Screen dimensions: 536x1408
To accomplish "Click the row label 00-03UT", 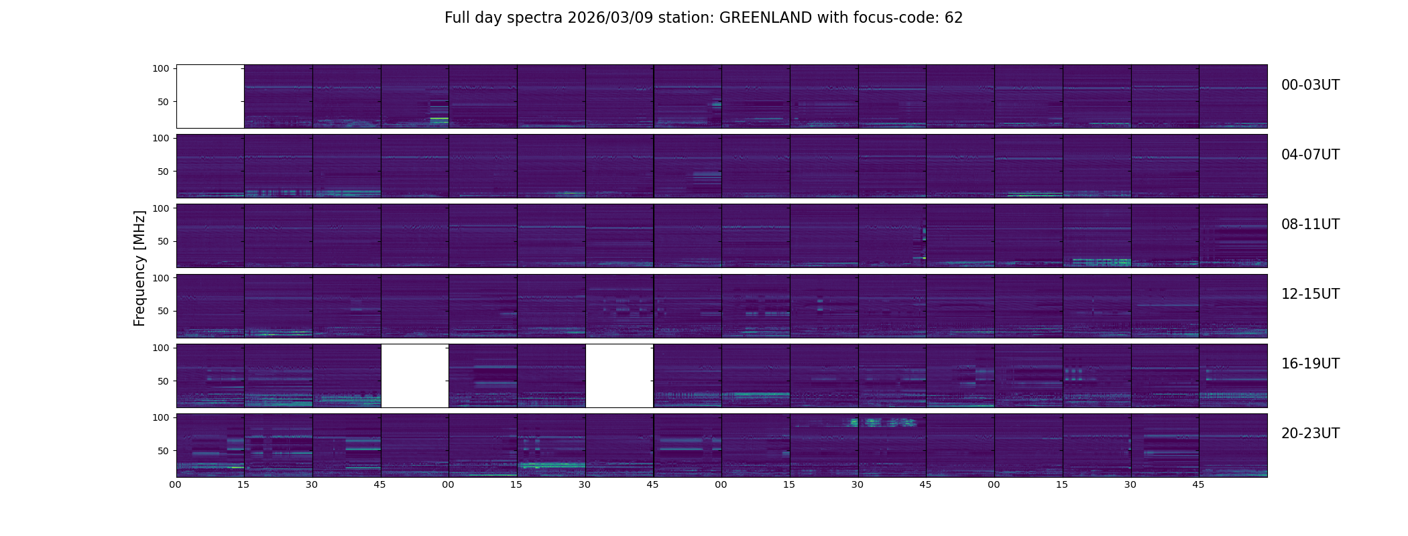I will pos(1310,85).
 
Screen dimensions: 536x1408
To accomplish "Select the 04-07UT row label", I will pos(1310,155).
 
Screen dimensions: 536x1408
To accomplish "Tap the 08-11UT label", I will pos(1310,224).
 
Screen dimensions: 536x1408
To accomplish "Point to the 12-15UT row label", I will pos(1310,294).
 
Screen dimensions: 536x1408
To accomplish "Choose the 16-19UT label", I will pos(1310,364).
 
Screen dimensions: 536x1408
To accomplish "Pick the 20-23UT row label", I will pos(1310,433).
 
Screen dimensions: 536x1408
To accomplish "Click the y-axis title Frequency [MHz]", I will pos(139,269).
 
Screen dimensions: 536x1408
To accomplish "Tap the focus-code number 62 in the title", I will pos(953,18).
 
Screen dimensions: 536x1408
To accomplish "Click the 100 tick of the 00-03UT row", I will pos(161,68).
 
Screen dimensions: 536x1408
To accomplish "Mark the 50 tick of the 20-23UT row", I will pos(164,451).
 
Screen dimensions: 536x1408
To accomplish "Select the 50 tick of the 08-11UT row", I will pos(164,241).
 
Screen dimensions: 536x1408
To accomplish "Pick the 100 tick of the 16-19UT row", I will pos(161,348).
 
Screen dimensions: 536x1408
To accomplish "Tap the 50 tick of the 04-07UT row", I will pos(164,172).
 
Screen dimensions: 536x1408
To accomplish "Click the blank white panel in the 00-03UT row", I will pos(210,96).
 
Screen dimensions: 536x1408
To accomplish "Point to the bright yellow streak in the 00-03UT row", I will pos(439,119).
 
